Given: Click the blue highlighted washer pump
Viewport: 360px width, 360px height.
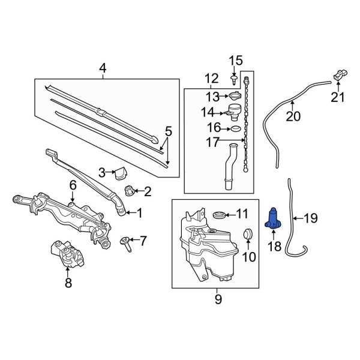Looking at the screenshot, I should (274, 218).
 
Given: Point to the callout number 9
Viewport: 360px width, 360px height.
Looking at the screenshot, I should (218, 298).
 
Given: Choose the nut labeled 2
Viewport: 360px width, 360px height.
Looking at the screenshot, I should (128, 192).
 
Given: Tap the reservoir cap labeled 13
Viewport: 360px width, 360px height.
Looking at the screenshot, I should (235, 96).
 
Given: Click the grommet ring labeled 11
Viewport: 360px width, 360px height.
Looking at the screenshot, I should (221, 214).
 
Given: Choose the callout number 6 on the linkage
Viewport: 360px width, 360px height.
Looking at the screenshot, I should (73, 186).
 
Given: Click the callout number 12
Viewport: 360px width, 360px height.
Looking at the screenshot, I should (211, 78).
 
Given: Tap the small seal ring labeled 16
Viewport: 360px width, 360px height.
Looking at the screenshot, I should (236, 128).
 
